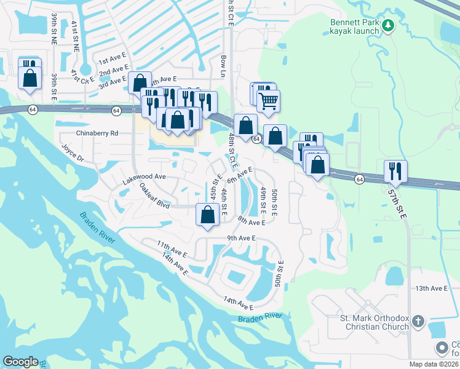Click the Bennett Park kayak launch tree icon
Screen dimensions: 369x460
[x=387, y=25]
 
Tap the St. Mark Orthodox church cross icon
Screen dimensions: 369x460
[x=418, y=320]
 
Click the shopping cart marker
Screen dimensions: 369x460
[x=268, y=100]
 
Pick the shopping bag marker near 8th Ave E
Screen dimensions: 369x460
[x=208, y=215]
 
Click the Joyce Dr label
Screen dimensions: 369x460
[x=72, y=153]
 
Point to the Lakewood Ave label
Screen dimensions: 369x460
[x=145, y=177]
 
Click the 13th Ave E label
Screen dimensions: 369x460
[x=431, y=288]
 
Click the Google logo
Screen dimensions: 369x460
[x=20, y=362]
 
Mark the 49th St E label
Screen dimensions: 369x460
[x=263, y=197]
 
